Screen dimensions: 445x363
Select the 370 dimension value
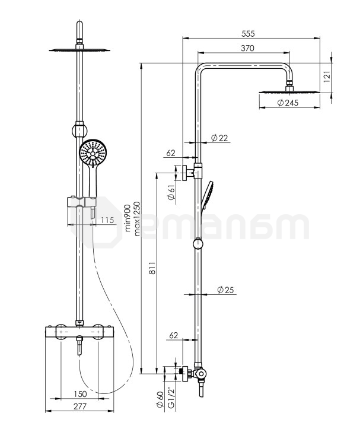(248, 48)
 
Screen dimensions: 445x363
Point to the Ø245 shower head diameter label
(288, 103)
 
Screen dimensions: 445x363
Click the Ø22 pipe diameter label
(219, 138)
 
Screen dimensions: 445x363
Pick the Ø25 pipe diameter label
(225, 290)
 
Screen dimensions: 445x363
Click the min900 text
(127, 218)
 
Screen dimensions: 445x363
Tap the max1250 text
(138, 218)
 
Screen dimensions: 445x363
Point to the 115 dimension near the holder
(107, 220)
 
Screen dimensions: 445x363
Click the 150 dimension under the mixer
(79, 393)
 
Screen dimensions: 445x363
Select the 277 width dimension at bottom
(79, 406)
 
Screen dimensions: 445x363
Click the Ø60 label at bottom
(160, 401)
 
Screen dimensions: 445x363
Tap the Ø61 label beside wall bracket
(171, 192)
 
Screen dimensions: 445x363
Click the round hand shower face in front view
(92, 154)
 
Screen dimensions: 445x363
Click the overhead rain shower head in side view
(289, 91)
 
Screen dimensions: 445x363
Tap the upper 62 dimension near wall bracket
(171, 153)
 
